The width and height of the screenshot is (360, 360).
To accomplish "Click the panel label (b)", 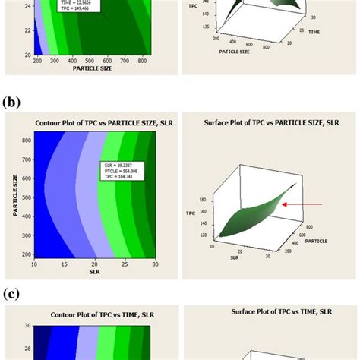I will pyautogui.click(x=13, y=99).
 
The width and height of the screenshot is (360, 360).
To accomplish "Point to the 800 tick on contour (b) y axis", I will pyautogui.click(x=24, y=141).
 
